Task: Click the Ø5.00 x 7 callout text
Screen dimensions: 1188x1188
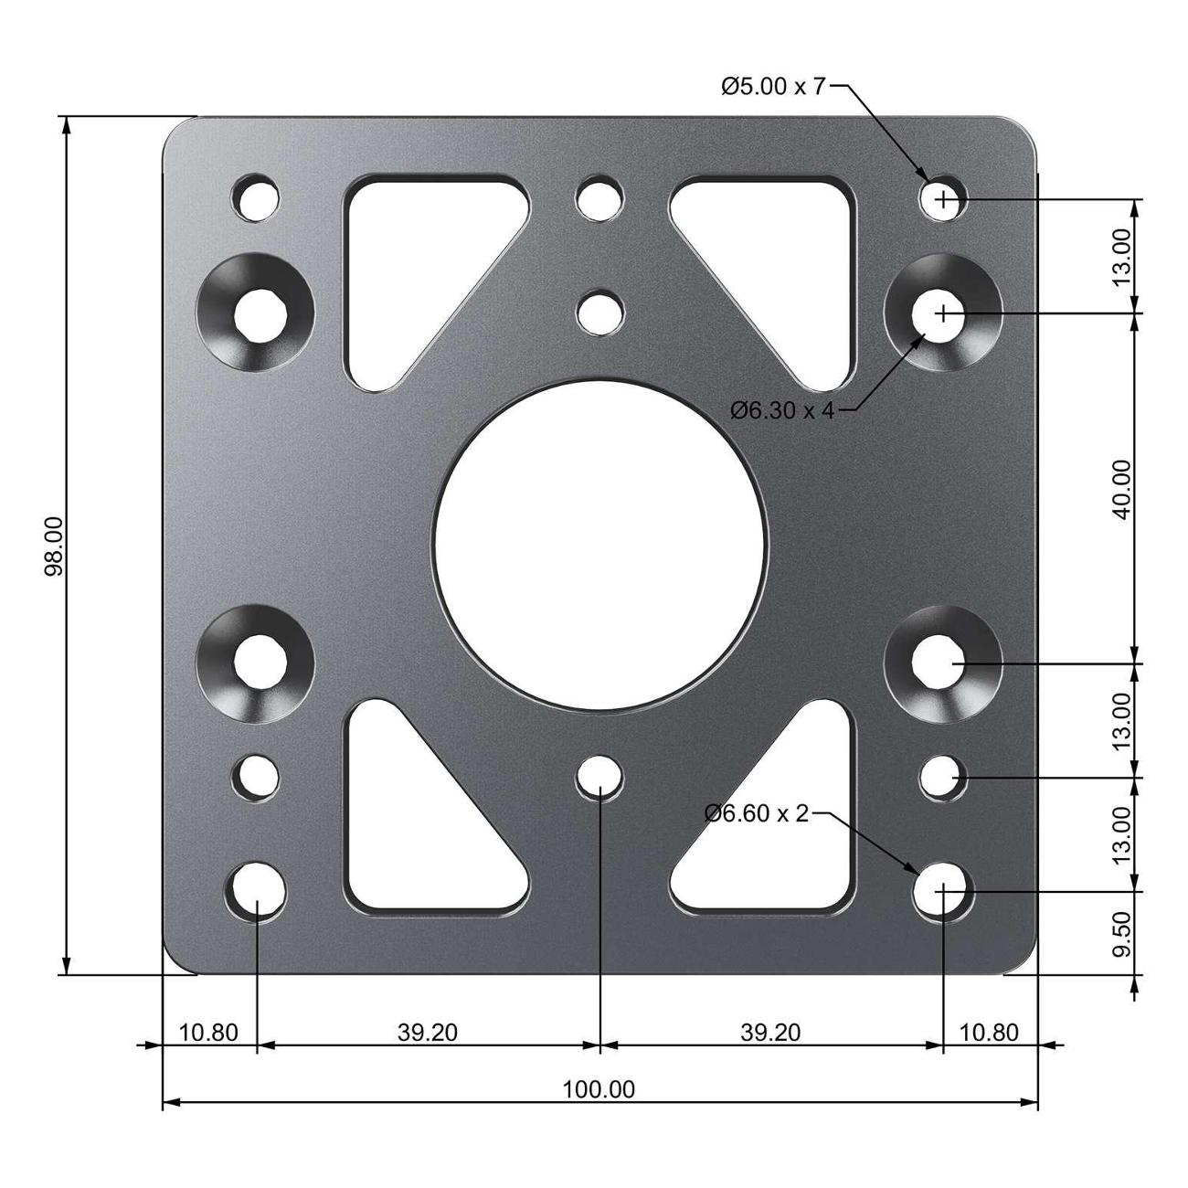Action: coord(772,87)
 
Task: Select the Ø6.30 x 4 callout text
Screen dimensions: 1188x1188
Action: coord(782,410)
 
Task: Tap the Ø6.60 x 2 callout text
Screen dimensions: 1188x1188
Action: coord(757,813)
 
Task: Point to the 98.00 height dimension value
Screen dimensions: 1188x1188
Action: coord(55,546)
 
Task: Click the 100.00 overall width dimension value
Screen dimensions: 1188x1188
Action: coord(599,1089)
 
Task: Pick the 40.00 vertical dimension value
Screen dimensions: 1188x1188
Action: coord(1122,489)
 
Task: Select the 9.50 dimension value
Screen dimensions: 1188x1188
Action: coord(1122,934)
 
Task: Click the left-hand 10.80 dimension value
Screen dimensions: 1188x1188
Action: coord(208,1033)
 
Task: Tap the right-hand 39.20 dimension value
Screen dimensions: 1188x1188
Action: coord(770,1033)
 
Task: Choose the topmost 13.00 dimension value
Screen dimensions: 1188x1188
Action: coord(1122,256)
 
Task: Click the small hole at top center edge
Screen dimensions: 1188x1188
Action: coord(599,198)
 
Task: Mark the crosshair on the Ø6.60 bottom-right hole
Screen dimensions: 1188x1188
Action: coord(943,889)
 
